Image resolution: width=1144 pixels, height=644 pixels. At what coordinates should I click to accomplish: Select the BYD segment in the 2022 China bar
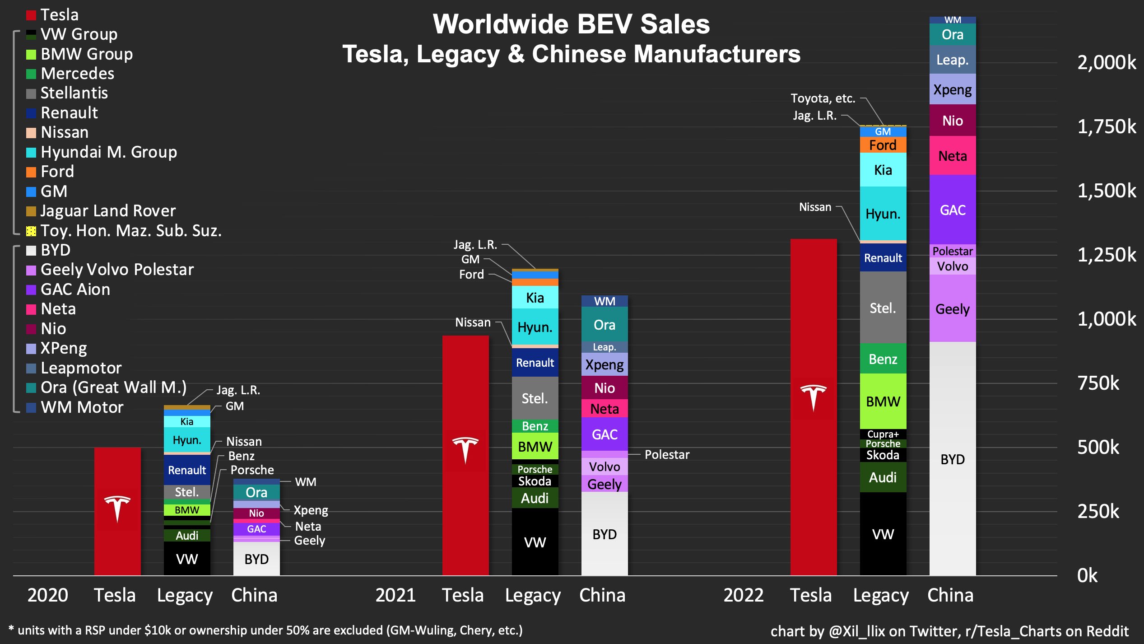coord(953,459)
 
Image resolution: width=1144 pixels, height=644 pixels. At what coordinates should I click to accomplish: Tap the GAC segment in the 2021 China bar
coord(605,434)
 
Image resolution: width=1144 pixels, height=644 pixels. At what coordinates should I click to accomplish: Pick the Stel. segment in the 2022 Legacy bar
coord(883,308)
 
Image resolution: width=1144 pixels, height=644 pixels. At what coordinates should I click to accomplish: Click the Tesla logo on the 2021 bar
coord(465,450)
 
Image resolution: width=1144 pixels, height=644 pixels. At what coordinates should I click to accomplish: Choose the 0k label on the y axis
coord(1087,576)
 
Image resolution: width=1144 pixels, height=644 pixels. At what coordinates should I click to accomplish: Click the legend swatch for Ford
coord(31,172)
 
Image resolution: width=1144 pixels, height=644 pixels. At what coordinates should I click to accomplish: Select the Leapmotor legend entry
coord(81,368)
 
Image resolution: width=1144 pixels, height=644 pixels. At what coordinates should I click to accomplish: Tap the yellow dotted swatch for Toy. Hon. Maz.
coord(31,231)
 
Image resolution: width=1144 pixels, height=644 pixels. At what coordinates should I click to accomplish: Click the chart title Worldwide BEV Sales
coord(571,24)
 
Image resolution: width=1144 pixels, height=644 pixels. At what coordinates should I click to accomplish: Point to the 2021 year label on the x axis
coord(395,595)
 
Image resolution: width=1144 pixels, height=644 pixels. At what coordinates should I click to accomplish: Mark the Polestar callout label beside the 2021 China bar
coord(667,455)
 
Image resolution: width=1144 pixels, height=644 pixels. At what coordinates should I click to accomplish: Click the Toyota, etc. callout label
coord(823,98)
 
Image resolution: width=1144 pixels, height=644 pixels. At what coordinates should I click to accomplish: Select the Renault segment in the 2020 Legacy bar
coord(187,470)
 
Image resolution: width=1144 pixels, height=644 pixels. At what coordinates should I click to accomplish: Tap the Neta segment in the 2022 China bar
coord(953,156)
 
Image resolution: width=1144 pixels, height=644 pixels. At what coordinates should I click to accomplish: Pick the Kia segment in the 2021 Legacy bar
coord(535,298)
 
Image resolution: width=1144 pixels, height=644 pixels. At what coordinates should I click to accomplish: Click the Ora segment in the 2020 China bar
coord(256,492)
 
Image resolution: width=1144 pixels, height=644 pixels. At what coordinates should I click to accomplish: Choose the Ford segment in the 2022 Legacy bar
coord(883,145)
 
